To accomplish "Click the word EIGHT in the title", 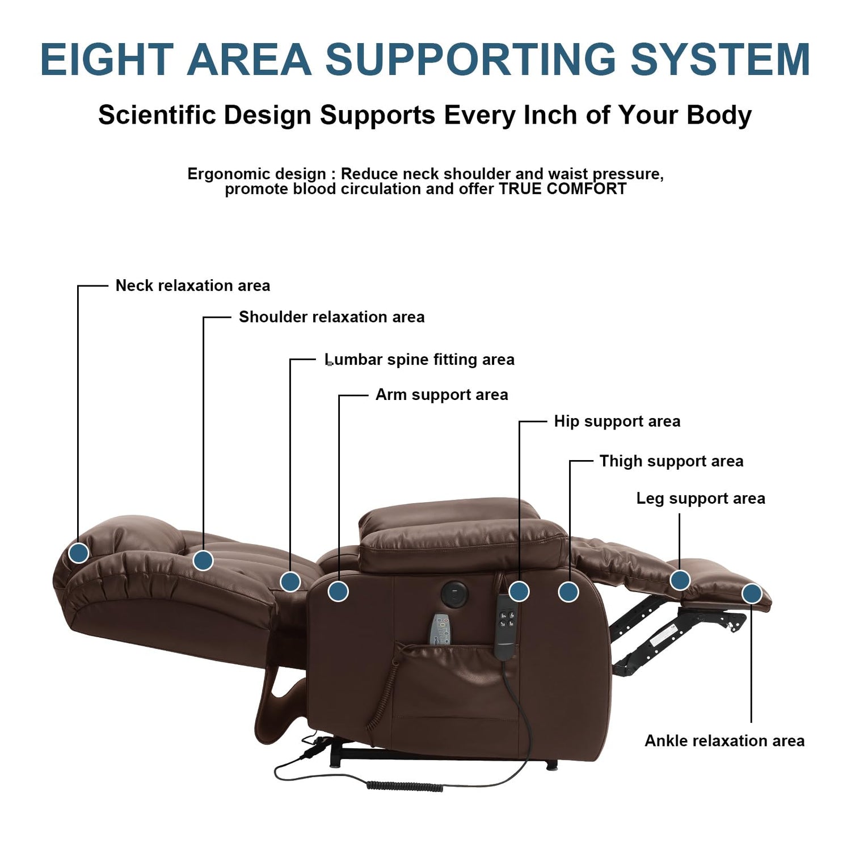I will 107,60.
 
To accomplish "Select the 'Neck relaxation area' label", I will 192,285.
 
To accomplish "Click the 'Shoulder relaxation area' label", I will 331,317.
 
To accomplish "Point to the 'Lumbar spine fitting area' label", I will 419,360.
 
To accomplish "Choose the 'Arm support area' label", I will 441,395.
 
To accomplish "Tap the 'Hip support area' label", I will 617,421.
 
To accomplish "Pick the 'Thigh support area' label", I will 671,461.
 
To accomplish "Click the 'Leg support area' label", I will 700,498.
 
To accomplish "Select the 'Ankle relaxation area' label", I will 724,740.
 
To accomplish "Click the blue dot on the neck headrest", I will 79,552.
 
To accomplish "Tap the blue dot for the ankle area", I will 751,593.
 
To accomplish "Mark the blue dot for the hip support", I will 519,591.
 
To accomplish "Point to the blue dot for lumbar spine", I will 290,581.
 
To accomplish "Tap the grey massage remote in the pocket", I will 440,630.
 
